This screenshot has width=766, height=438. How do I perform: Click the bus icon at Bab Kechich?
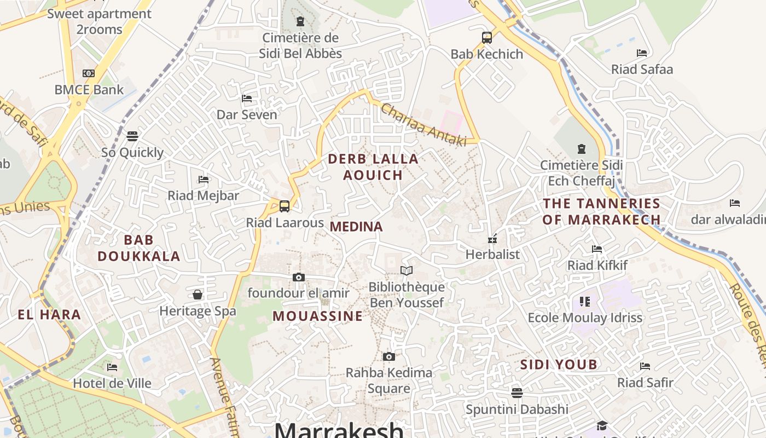pos(487,38)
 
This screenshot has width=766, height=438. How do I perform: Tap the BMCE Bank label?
pos(89,89)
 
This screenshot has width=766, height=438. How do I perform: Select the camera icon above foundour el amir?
pos(298,277)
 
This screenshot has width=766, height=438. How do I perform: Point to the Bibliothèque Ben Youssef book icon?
pos(406,270)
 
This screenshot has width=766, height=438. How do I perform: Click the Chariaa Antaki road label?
pos(423,125)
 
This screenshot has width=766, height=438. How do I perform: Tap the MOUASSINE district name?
pos(317,316)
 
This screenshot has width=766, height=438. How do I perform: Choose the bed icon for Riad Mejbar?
pos(204,179)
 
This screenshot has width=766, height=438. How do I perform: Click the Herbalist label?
pos(492,254)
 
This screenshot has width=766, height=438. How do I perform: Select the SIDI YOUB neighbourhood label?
pos(559,365)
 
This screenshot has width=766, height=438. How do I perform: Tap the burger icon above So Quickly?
pos(132,136)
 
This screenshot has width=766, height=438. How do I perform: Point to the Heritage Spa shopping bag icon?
pos(198,295)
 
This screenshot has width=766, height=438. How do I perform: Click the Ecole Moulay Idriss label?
pos(585,318)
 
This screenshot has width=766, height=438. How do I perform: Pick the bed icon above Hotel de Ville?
pos(112,367)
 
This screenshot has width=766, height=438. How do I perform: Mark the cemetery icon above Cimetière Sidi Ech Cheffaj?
pos(581,148)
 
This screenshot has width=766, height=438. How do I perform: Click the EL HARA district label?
pos(49,315)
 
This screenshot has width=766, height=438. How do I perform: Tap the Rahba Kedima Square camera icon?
pos(388,357)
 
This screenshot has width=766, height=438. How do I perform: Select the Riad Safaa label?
pos(642,70)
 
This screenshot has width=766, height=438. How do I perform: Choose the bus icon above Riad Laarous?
pos(285,206)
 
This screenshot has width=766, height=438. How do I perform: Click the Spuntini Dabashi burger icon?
pos(517,393)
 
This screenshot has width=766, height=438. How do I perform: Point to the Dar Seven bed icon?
pos(247,99)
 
